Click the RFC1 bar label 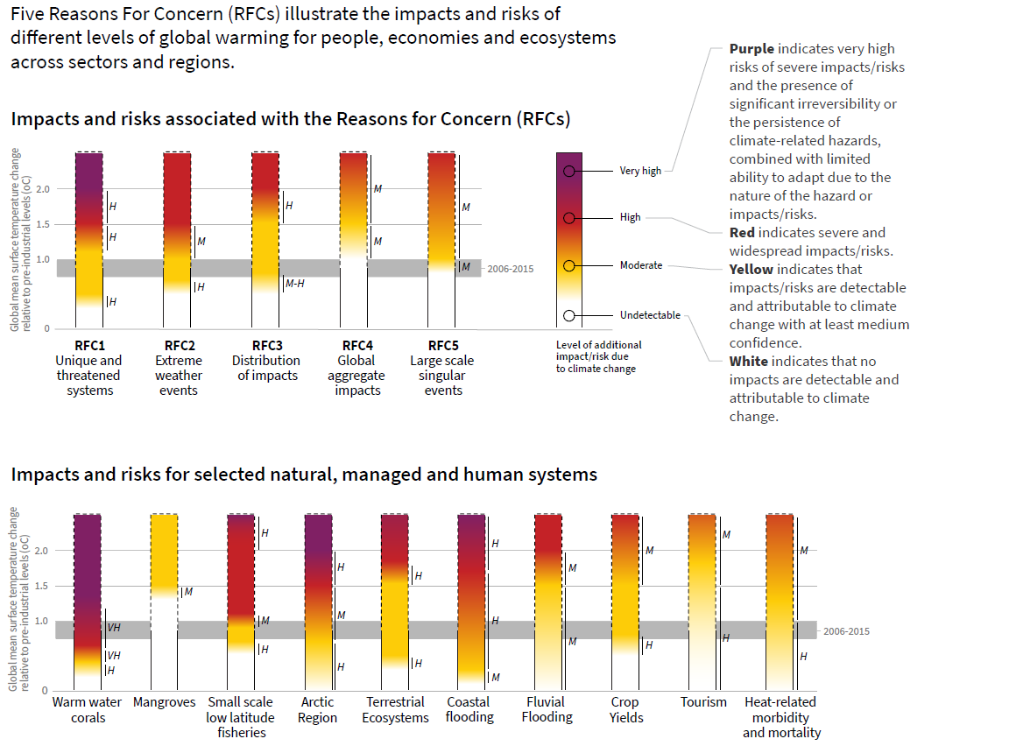pyautogui.click(x=89, y=345)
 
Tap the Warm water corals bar pyautogui.click(x=88, y=595)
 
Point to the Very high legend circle pyautogui.click(x=569, y=171)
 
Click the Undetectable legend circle pyautogui.click(x=569, y=315)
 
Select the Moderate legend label pyautogui.click(x=641, y=265)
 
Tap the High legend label pyautogui.click(x=630, y=217)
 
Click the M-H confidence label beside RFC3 pyautogui.click(x=294, y=283)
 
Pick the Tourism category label pyautogui.click(x=703, y=702)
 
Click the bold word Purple pyautogui.click(x=751, y=49)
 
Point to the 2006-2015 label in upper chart pyautogui.click(x=511, y=270)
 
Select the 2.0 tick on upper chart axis pyautogui.click(x=43, y=189)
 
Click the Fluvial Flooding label pyautogui.click(x=547, y=709)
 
